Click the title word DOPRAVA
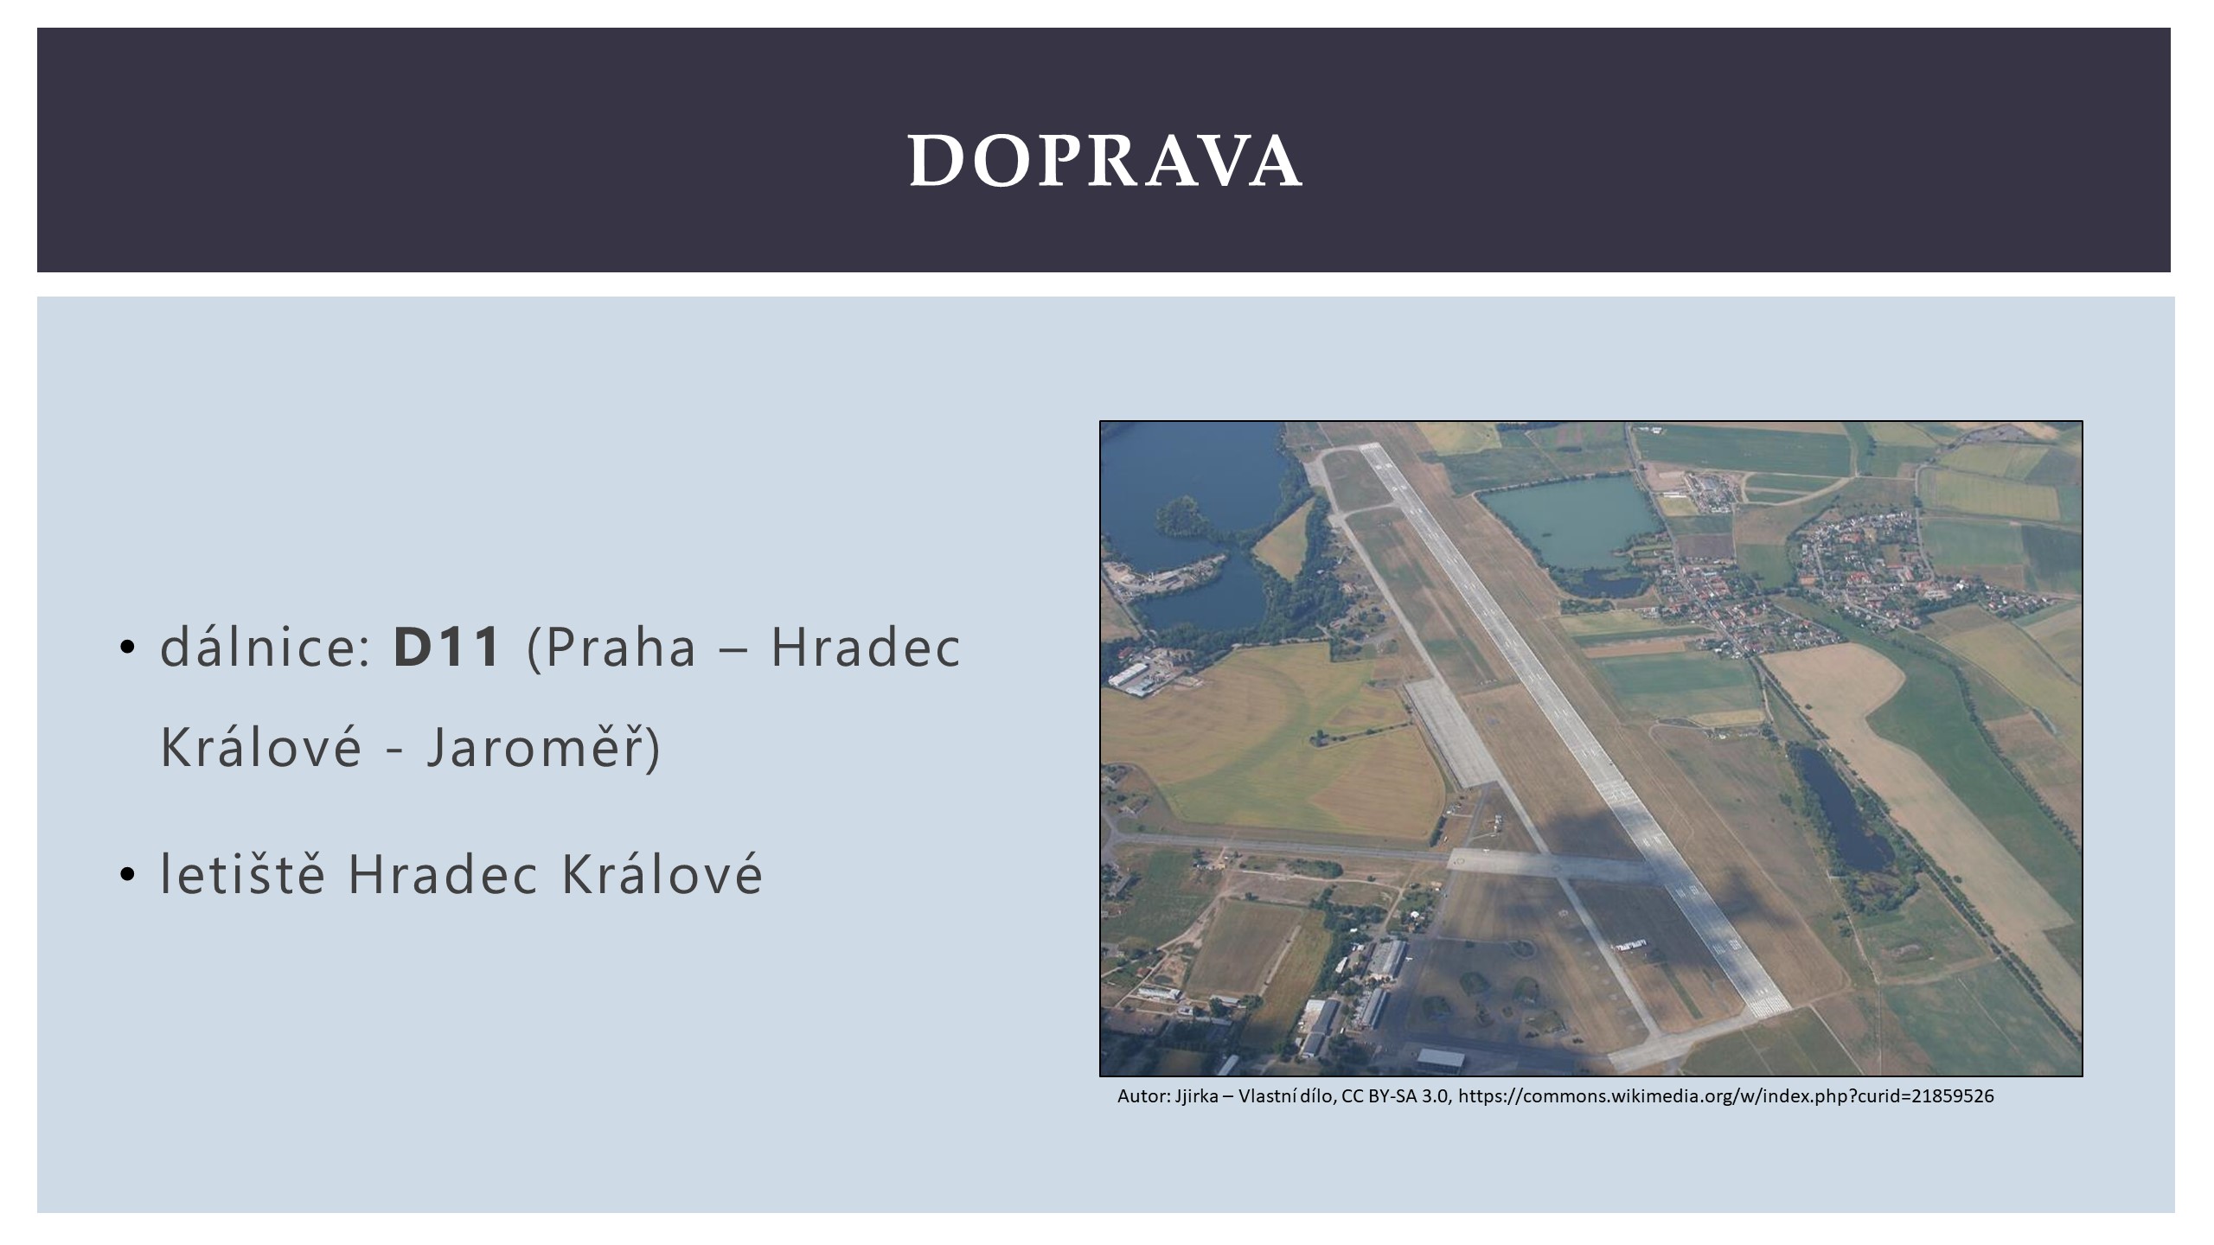coord(1105,160)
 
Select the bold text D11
coord(447,646)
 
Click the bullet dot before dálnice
coord(128,648)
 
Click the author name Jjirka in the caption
coord(1196,1096)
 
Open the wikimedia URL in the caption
coord(1726,1096)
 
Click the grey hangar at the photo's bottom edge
coord(1440,1059)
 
